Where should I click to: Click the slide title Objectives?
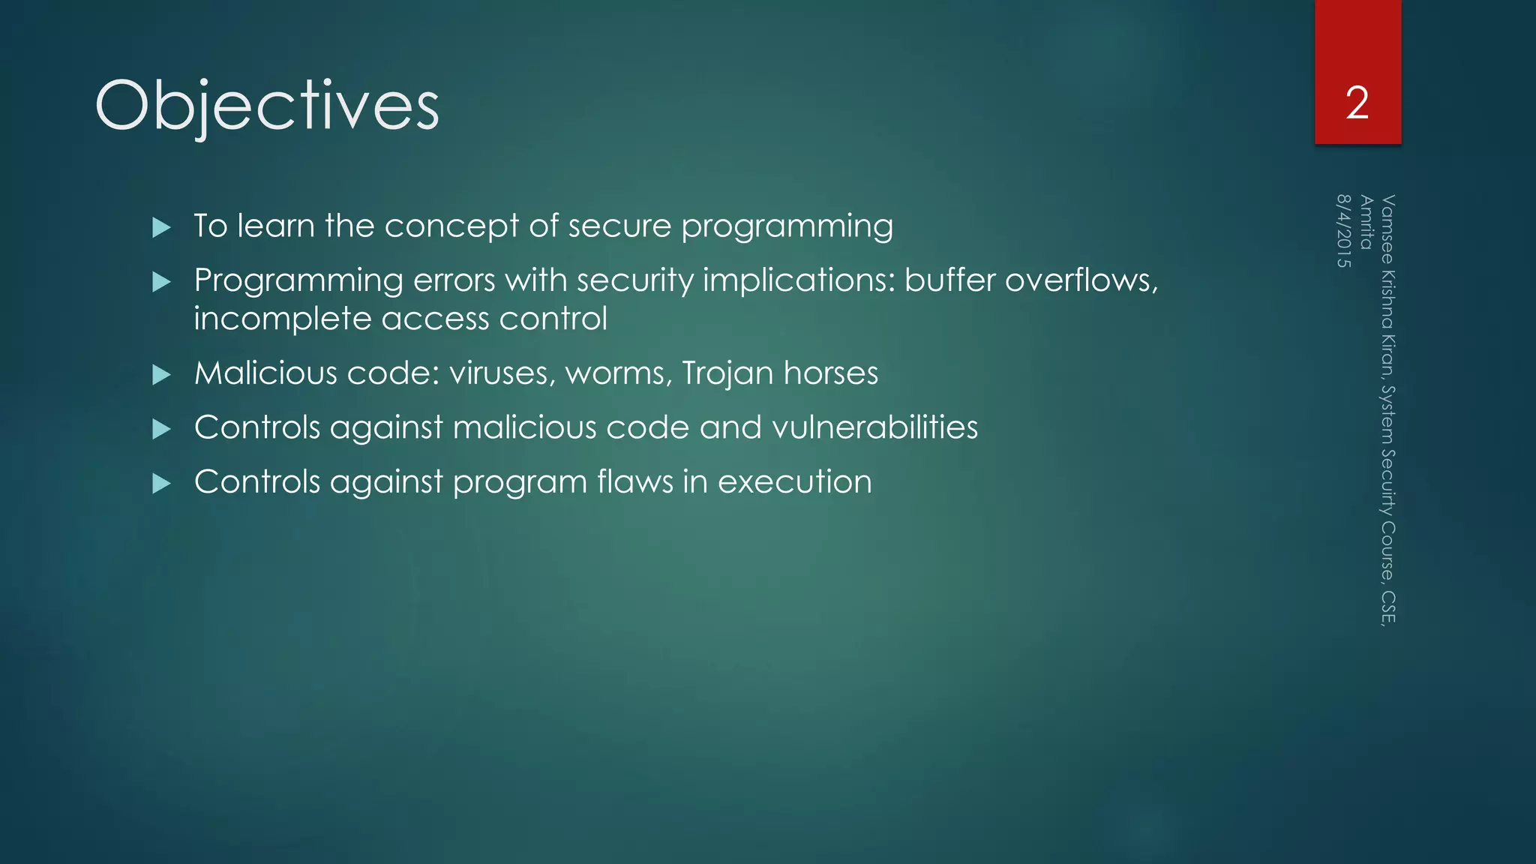(266, 106)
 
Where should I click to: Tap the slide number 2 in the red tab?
(1357, 103)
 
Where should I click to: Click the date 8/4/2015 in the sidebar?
(1343, 231)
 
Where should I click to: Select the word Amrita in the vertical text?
(1366, 222)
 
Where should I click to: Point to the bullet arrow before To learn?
(161, 227)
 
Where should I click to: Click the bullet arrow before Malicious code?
(161, 374)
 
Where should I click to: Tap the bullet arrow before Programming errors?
(161, 282)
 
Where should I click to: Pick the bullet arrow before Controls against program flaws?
(161, 484)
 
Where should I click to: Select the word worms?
(614, 373)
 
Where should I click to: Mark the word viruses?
(502, 373)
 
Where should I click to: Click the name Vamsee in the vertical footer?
(1387, 228)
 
